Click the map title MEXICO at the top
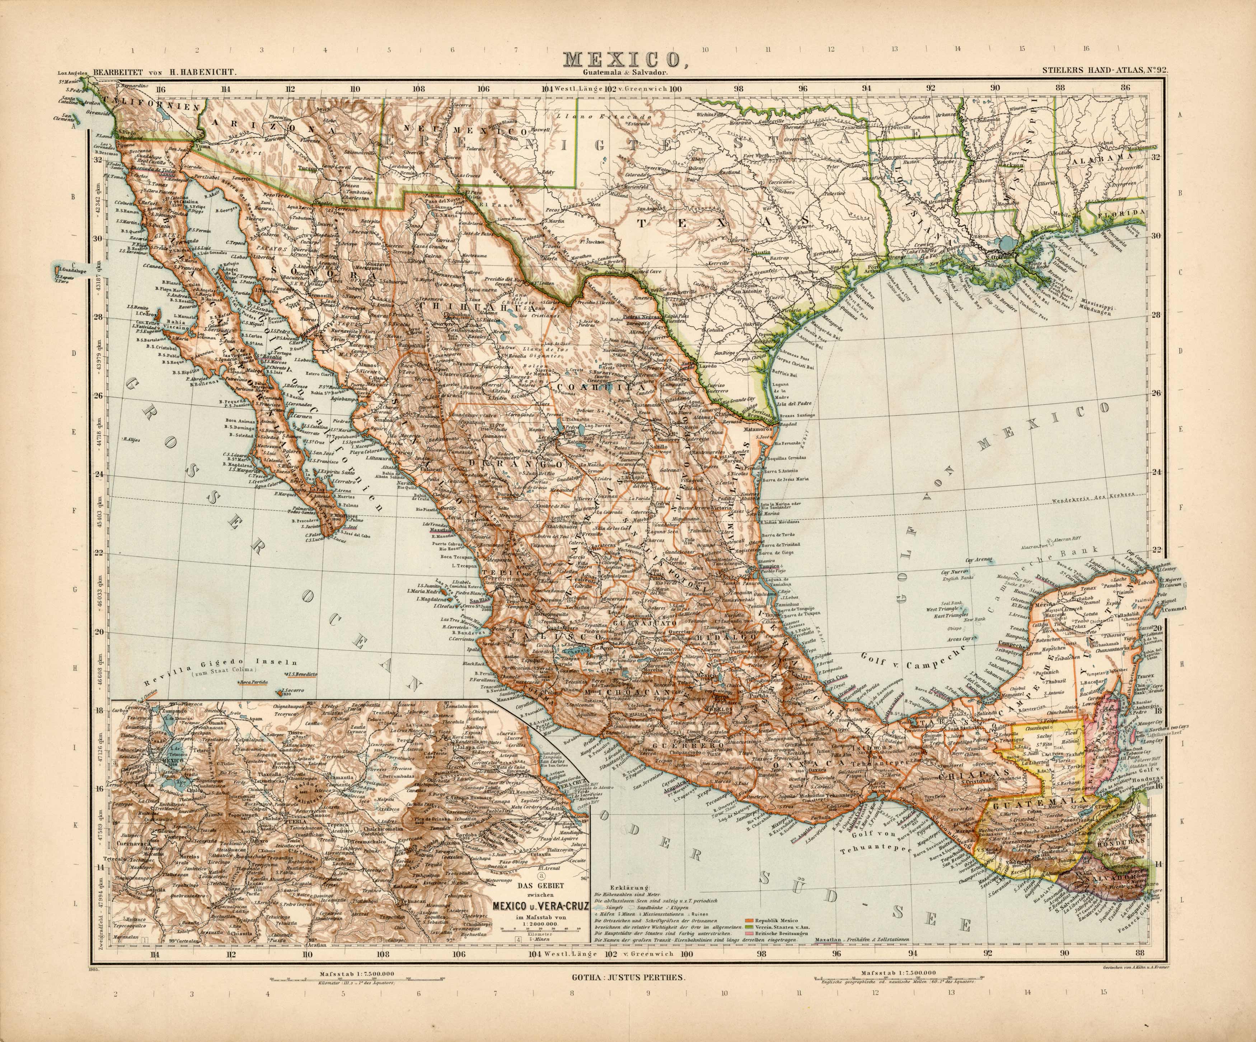coord(622,60)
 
